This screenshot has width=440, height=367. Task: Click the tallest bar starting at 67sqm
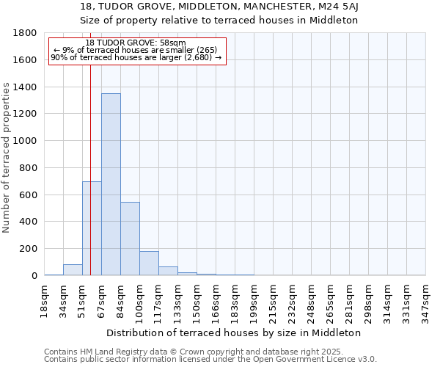click(x=111, y=184)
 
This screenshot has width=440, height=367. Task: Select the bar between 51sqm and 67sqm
click(x=92, y=228)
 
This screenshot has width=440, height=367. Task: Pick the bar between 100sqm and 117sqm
click(x=149, y=263)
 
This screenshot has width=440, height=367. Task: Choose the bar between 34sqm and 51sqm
click(x=73, y=269)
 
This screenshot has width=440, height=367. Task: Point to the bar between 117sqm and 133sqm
click(x=168, y=271)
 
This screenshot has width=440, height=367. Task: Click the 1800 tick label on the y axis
click(x=26, y=33)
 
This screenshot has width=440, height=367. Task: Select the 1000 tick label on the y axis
click(x=26, y=141)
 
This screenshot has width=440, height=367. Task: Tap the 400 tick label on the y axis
click(x=29, y=222)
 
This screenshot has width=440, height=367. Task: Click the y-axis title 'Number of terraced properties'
click(x=7, y=158)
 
